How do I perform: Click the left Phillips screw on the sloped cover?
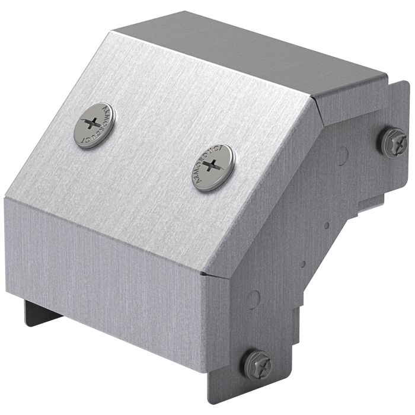click(x=94, y=124)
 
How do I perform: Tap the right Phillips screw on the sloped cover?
click(x=213, y=167)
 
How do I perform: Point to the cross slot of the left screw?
click(x=91, y=123)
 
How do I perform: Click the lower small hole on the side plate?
click(x=302, y=264)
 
